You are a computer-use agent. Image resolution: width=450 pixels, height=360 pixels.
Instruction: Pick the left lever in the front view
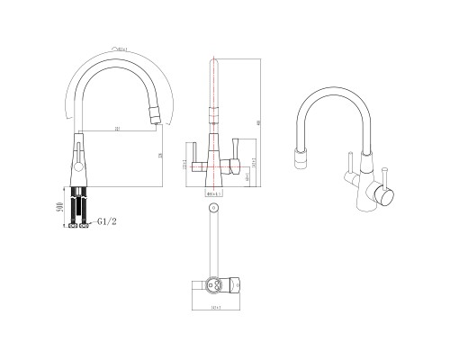coord(194,148)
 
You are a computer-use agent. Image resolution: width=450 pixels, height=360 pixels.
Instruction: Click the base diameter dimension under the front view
coord(215,194)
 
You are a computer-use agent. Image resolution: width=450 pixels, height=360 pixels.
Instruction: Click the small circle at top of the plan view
coord(213,208)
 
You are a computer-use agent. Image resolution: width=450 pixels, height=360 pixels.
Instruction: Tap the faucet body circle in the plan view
coord(213,282)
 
